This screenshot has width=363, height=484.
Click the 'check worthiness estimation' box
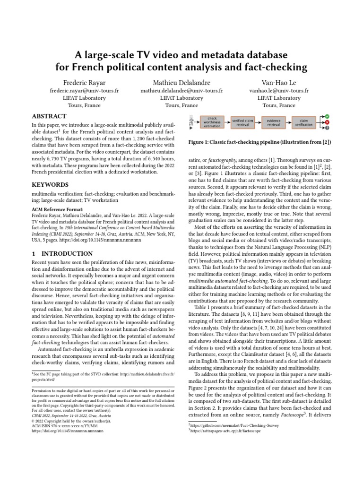[x=212, y=122]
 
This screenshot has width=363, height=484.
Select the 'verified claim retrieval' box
[x=243, y=122]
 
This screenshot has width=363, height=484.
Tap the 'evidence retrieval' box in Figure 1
[x=273, y=122]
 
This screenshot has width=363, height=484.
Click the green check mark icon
[x=327, y=116]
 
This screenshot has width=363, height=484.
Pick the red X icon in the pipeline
[x=327, y=122]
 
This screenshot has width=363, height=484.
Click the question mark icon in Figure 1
[x=327, y=128]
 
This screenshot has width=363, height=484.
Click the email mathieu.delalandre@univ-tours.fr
[x=181, y=90]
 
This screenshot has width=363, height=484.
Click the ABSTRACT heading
[x=49, y=116]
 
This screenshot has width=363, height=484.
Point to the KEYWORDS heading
[x=50, y=184]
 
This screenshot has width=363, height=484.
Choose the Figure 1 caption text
[x=259, y=142]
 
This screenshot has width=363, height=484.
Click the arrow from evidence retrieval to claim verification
[x=288, y=122]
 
